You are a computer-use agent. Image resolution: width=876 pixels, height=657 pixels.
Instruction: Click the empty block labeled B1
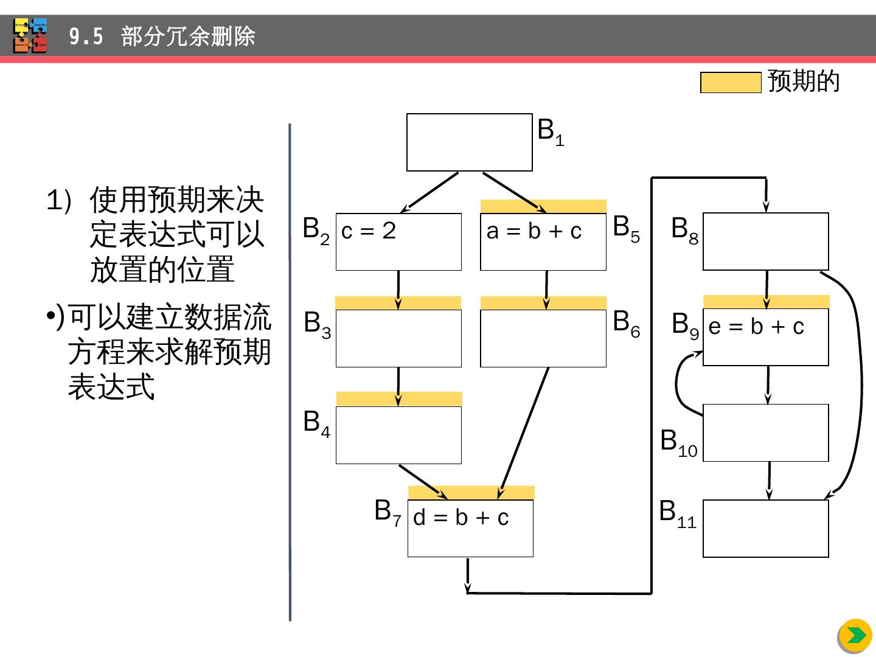(x=469, y=142)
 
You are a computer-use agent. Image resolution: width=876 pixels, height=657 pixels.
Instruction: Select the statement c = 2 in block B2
(x=369, y=231)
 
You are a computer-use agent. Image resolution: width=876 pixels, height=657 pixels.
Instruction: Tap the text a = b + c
(x=534, y=231)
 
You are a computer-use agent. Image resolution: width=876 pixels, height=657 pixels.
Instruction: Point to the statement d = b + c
(x=461, y=518)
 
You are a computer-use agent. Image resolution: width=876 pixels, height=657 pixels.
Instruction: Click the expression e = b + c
(x=756, y=327)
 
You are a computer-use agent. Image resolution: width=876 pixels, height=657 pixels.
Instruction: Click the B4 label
(x=316, y=422)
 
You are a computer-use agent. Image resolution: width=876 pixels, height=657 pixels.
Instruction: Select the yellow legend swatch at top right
(x=731, y=83)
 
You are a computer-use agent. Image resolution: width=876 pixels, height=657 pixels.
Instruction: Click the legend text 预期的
(x=804, y=82)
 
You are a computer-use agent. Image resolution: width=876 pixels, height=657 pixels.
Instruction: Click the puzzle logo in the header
(x=30, y=36)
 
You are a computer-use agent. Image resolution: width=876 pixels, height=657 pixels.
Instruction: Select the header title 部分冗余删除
(x=188, y=37)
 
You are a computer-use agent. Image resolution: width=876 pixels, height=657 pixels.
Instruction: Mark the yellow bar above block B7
(x=471, y=492)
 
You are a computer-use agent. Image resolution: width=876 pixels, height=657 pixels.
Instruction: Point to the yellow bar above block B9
(x=766, y=302)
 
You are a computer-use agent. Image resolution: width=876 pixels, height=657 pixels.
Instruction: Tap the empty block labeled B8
(x=765, y=242)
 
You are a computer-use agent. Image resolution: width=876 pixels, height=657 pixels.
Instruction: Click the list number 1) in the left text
(x=59, y=201)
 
